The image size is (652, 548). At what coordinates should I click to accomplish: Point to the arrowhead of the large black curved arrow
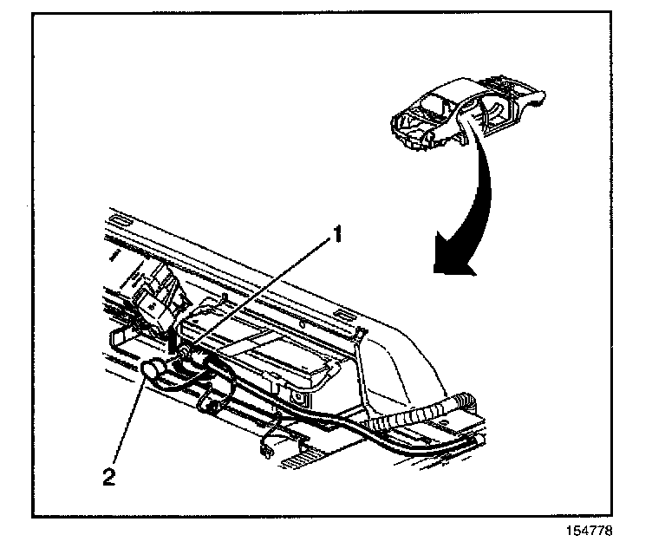(x=453, y=264)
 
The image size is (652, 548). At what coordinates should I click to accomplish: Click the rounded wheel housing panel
(x=394, y=364)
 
